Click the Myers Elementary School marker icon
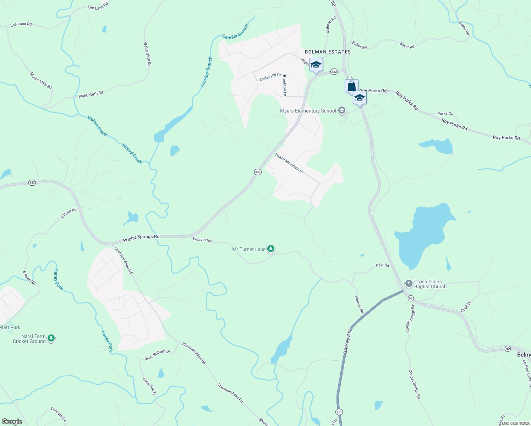(341, 111)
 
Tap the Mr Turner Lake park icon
(271, 249)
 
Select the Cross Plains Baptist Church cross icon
(409, 284)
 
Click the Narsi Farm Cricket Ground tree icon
(51, 338)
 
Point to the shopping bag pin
(351, 86)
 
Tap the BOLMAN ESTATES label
(328, 52)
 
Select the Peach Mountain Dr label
(289, 163)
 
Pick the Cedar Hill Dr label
(270, 77)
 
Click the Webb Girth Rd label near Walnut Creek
(91, 94)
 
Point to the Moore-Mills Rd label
(41, 81)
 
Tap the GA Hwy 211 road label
(347, 341)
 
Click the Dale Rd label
(382, 265)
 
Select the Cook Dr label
(466, 307)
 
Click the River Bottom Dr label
(157, 355)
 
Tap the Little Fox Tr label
(149, 387)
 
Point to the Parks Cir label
(445, 114)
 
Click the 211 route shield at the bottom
(339, 412)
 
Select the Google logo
(12, 422)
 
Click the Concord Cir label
(59, 415)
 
